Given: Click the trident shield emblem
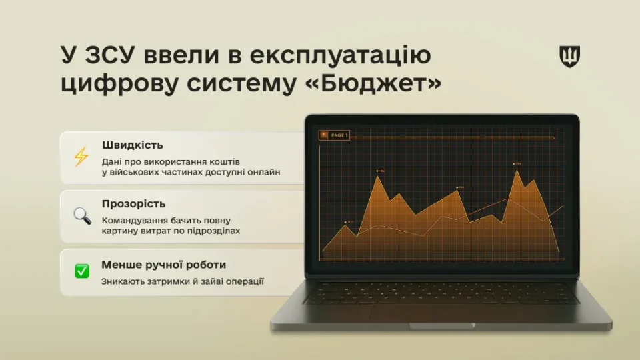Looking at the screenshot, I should coord(569,57).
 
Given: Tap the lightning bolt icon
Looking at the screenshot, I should coord(81,157).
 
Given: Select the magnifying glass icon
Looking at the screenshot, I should coord(82,215).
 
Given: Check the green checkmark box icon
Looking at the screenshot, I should coord(81,271).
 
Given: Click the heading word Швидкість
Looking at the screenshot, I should coord(133,145).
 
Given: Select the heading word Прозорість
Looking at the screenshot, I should coord(133,203).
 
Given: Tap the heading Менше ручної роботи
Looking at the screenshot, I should coord(163,265).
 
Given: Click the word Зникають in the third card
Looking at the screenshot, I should coord(123,281).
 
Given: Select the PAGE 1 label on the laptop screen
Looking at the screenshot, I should coord(339,135).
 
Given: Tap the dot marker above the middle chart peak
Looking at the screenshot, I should coord(458,187).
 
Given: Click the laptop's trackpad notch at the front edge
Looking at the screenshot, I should coord(441,326).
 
